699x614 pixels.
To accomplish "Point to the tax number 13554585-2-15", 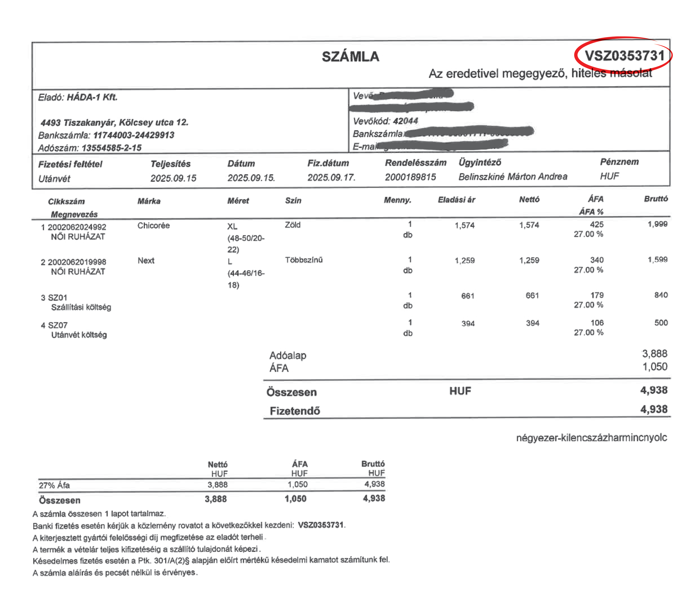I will pyautogui.click(x=111, y=148).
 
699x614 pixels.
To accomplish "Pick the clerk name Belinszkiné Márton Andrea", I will pyautogui.click(x=513, y=177).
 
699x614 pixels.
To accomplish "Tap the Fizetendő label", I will pyautogui.click(x=295, y=411).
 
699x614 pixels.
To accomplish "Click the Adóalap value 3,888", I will pyautogui.click(x=654, y=354).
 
